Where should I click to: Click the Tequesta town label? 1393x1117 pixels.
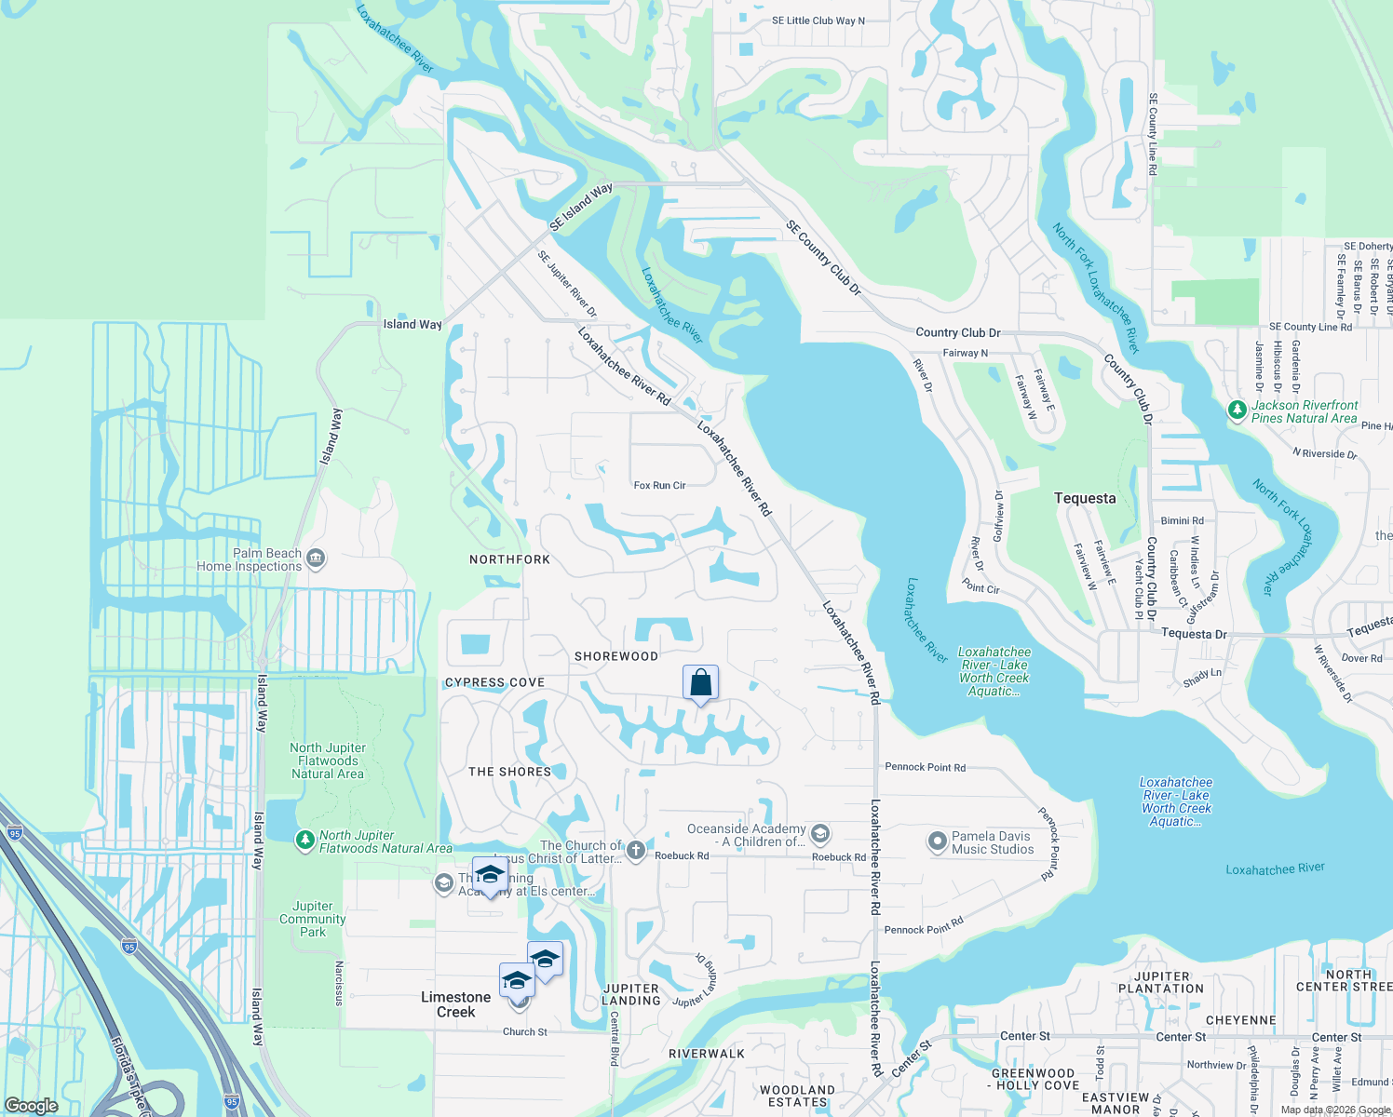(x=1085, y=498)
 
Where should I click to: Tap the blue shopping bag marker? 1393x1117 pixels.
(x=700, y=683)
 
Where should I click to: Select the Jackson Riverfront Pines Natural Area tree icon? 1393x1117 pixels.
(x=1237, y=410)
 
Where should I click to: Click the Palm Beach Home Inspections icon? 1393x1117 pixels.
(x=316, y=558)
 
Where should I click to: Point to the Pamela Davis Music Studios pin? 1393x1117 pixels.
(x=937, y=841)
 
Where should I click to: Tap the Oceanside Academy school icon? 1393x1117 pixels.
(x=819, y=833)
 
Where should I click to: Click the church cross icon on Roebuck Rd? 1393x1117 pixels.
(x=635, y=849)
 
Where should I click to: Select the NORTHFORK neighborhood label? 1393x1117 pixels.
(x=509, y=559)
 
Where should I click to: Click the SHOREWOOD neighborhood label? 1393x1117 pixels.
(x=615, y=656)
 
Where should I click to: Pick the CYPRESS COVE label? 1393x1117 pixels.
(x=494, y=682)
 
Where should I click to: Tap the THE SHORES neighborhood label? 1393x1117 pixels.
(x=509, y=772)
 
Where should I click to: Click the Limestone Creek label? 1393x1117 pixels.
(x=455, y=1004)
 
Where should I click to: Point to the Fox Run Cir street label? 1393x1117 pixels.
(x=659, y=485)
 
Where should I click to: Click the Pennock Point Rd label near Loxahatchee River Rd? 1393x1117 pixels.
(x=925, y=767)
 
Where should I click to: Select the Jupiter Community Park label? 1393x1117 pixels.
(x=313, y=919)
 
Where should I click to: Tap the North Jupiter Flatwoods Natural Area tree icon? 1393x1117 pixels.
(x=304, y=841)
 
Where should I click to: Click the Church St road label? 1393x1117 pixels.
(x=525, y=1031)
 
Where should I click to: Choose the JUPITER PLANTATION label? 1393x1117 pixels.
(x=1161, y=982)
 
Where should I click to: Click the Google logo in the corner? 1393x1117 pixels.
(x=32, y=1105)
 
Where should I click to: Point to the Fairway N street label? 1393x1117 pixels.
(x=965, y=353)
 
